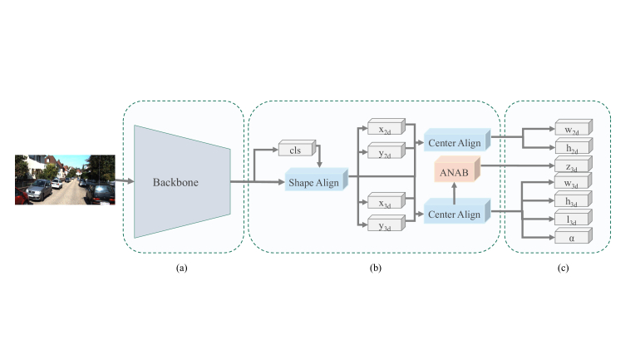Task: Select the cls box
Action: pyautogui.click(x=295, y=150)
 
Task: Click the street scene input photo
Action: pyautogui.click(x=65, y=179)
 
